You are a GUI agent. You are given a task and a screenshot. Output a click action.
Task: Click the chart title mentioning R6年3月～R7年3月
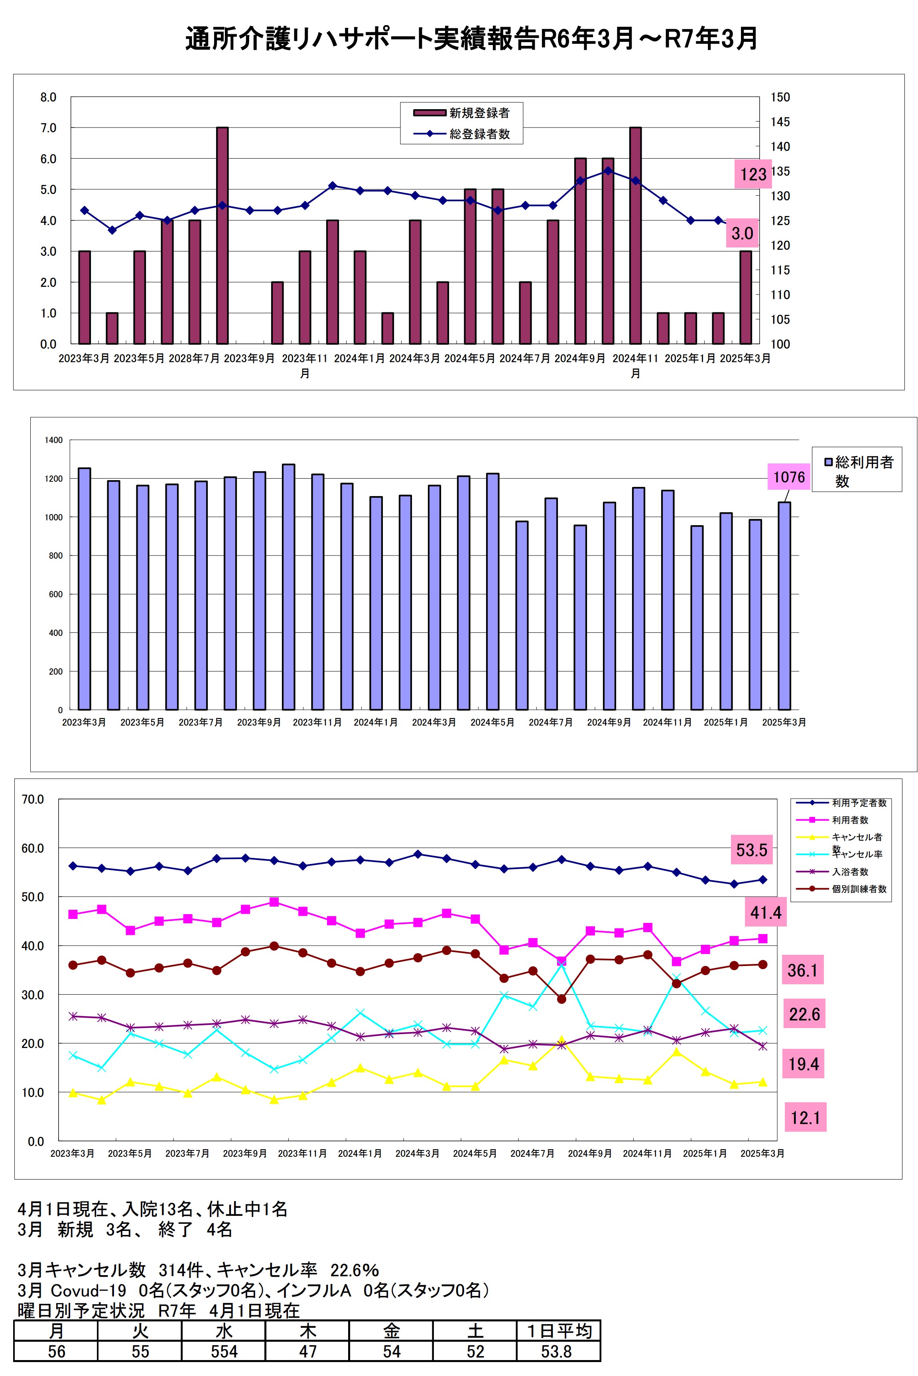[471, 39]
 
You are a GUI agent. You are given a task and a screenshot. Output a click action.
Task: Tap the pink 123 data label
[753, 174]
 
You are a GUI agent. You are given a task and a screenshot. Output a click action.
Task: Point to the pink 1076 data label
[789, 477]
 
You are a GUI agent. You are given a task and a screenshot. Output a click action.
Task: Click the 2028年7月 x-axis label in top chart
[194, 359]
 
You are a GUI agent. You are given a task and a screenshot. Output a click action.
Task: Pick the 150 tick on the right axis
[780, 98]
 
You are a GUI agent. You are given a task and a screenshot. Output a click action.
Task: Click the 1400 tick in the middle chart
[54, 440]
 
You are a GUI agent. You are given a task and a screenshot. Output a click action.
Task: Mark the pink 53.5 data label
[751, 850]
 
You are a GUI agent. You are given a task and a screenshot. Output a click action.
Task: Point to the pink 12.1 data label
[805, 1118]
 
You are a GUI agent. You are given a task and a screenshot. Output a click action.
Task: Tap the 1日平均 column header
[559, 1331]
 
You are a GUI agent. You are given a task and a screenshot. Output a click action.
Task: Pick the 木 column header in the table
[307, 1331]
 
